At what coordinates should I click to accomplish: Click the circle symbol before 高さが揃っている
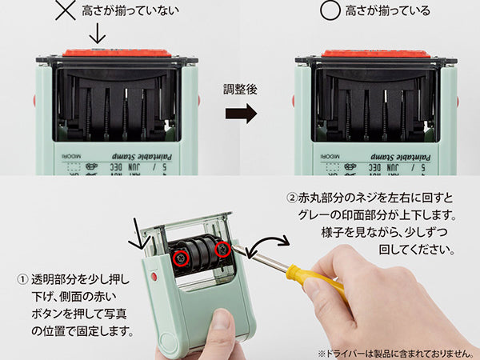327,11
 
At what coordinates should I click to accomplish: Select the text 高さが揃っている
387,11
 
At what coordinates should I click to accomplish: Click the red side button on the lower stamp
154,277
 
